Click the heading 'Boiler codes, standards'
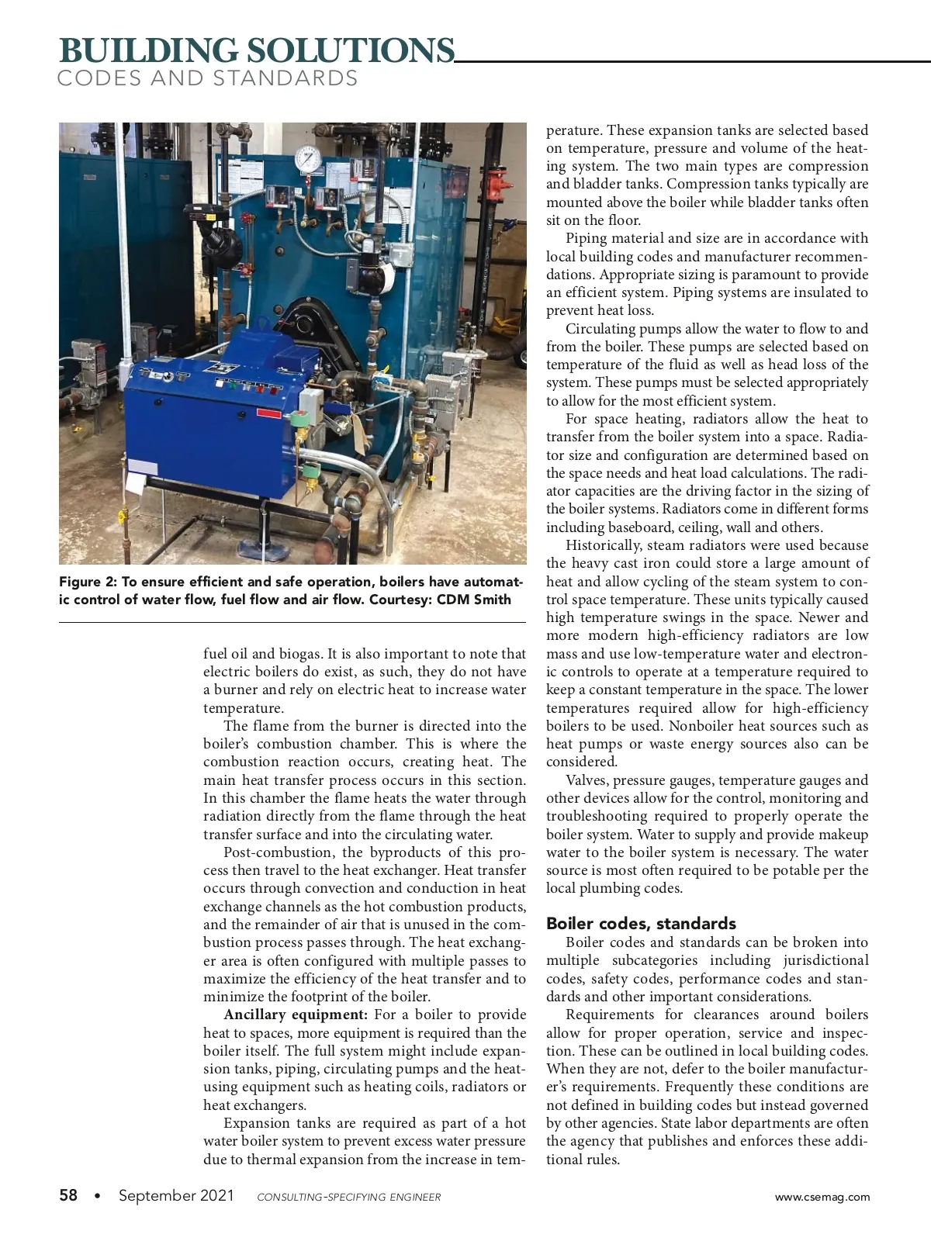tap(641, 923)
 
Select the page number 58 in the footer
tap(68, 1195)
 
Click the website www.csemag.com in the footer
tap(822, 1197)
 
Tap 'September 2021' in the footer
tap(176, 1195)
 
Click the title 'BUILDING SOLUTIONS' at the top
tap(257, 50)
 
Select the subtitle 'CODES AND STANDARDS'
tap(208, 78)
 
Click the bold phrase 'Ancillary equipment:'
tap(296, 1015)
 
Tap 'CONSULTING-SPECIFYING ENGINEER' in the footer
tap(348, 1197)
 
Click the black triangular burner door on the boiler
tap(318, 326)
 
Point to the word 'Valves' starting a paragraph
tap(586, 780)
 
